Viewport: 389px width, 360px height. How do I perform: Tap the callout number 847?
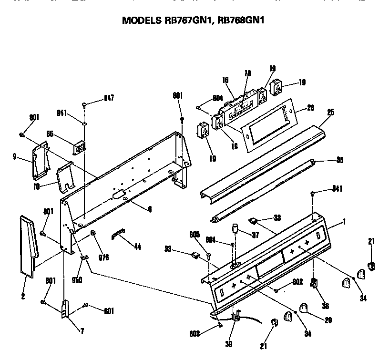point(109,99)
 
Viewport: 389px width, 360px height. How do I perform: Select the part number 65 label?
point(50,134)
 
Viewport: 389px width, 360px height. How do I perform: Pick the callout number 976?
point(103,257)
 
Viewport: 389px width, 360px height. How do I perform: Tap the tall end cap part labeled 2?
point(28,245)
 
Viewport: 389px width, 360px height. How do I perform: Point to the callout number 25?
point(330,113)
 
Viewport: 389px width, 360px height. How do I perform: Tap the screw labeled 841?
point(313,193)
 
